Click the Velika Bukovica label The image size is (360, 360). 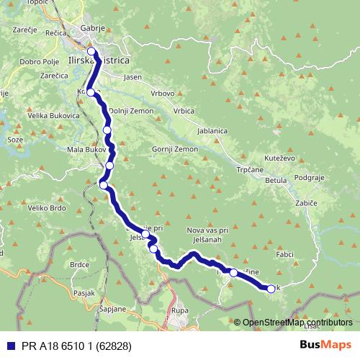tap(53, 115)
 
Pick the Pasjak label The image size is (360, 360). tap(84, 293)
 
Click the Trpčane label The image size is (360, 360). tap(251, 171)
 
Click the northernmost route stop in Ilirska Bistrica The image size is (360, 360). tap(91, 51)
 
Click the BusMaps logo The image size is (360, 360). tap(325, 345)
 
